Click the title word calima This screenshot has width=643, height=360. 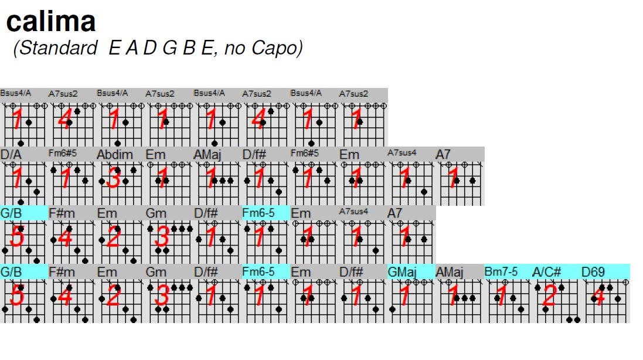pyautogui.click(x=50, y=22)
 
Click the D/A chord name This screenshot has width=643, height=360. pyautogui.click(x=11, y=154)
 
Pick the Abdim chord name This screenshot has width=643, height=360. pyautogui.click(x=115, y=154)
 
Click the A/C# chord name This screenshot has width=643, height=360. pyautogui.click(x=547, y=272)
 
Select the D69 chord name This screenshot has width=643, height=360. pyautogui.click(x=593, y=272)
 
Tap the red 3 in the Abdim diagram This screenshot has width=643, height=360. pyautogui.click(x=114, y=178)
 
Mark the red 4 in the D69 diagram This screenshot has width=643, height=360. pyautogui.click(x=598, y=296)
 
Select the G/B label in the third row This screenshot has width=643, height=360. pyautogui.click(x=11, y=213)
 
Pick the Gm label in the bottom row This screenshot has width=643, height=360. pyautogui.click(x=157, y=272)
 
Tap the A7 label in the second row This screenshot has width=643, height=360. pyautogui.click(x=444, y=154)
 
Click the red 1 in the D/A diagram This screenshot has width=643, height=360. pyautogui.click(x=18, y=178)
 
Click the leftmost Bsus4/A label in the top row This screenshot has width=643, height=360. pyautogui.click(x=15, y=93)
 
